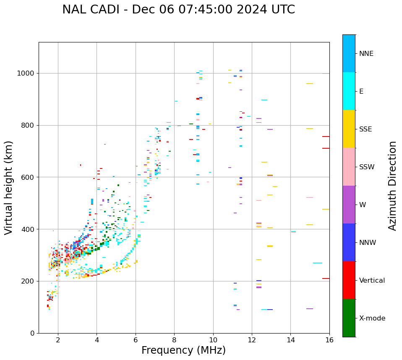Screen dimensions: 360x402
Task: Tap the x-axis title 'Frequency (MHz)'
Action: click(183, 350)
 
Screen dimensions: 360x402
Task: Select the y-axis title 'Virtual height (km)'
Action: click(9, 187)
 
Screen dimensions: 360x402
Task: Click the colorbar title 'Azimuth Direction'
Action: click(392, 186)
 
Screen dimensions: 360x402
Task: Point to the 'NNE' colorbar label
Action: click(366, 54)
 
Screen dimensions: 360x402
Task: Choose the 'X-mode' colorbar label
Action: click(372, 318)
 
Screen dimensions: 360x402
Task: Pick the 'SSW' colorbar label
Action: click(367, 167)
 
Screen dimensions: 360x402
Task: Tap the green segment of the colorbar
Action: click(349, 318)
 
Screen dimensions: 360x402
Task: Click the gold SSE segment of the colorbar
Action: click(349, 129)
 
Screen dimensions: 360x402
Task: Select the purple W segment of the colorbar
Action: click(349, 205)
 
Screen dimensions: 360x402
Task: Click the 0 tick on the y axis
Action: click(32, 333)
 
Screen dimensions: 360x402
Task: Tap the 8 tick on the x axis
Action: click(174, 340)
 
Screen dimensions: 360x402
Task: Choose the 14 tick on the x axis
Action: click(290, 340)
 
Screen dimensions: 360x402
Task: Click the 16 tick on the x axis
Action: click(329, 340)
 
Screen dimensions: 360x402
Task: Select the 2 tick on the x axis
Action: click(58, 340)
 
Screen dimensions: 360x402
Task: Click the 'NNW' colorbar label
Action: click(368, 243)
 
